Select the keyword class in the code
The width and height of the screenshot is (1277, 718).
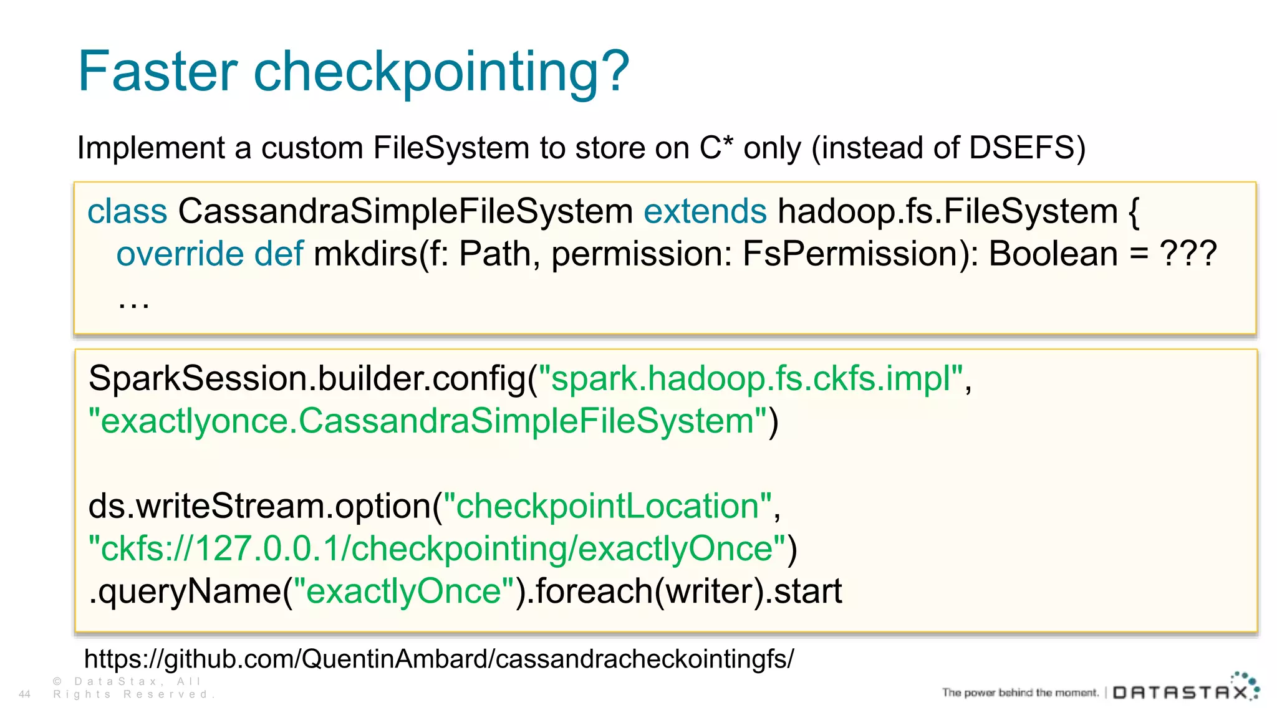coord(127,211)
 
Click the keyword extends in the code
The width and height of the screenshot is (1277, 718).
coord(705,211)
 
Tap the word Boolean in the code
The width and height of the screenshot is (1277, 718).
coord(1053,254)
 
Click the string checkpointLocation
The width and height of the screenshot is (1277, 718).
coord(607,506)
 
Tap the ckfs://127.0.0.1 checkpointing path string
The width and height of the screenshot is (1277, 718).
coord(436,549)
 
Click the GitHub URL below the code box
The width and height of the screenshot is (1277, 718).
coord(439,659)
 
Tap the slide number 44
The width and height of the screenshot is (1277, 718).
coord(25,694)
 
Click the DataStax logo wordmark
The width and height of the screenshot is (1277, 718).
coord(1182,692)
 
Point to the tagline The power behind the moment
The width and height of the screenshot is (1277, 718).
coord(1019,692)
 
